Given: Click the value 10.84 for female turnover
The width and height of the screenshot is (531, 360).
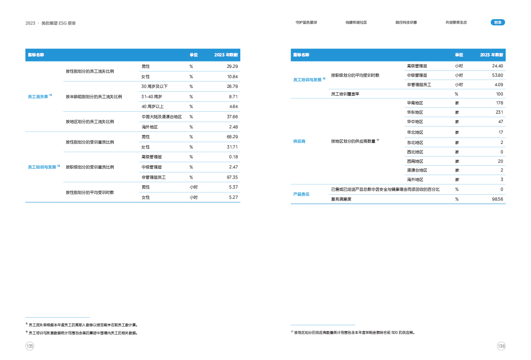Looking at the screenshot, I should (x=232, y=77).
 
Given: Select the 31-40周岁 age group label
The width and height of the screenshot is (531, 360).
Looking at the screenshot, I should (x=151, y=96).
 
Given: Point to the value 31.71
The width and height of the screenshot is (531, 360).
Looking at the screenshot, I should (x=232, y=147).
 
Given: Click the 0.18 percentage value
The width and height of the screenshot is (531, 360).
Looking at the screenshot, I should (x=232, y=157).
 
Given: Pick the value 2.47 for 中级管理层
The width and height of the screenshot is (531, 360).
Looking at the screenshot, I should (x=232, y=167).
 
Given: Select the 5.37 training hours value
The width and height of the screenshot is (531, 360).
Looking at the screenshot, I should (x=233, y=187).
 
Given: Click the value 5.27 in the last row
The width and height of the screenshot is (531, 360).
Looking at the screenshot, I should (x=233, y=197).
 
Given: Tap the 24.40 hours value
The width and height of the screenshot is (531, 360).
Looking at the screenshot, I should (x=497, y=66).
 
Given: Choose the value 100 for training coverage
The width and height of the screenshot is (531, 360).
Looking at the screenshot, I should (x=499, y=94).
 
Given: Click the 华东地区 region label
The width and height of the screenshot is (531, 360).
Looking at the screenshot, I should (x=415, y=112).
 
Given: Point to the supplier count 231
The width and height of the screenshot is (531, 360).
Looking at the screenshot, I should (x=499, y=112).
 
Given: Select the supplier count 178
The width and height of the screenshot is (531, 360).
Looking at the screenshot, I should (x=499, y=103).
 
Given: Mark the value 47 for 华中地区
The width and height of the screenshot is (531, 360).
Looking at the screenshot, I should (x=500, y=122).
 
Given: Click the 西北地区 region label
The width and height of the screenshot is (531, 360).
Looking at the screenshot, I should (x=415, y=152).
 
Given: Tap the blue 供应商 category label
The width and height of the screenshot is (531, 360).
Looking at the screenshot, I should (x=299, y=141).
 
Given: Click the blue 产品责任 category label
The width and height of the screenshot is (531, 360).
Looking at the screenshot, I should (x=301, y=194).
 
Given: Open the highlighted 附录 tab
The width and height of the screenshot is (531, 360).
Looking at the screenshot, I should (x=498, y=22).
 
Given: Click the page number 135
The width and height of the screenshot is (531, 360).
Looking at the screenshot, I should (x=30, y=346).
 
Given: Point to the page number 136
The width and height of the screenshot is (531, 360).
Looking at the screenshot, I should (x=501, y=346).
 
